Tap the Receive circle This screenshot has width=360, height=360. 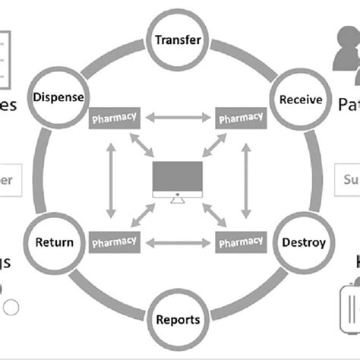tap(301, 99)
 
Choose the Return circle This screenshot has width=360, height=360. tap(54, 243)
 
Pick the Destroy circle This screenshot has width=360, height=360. tap(303, 243)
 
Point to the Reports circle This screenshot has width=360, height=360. tap(178, 319)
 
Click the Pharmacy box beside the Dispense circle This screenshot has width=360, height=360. tap(115, 118)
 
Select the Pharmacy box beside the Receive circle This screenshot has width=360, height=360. tap(241, 118)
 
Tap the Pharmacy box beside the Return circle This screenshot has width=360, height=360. tap(115, 242)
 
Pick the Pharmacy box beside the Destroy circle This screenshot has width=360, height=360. tap(241, 242)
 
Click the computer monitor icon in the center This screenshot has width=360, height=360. tap(177, 181)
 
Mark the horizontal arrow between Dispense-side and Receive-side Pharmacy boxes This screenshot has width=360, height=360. tap(178, 118)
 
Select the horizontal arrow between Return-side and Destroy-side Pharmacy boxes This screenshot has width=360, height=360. tap(178, 242)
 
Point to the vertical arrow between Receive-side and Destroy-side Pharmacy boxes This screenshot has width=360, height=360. tap(245, 180)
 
